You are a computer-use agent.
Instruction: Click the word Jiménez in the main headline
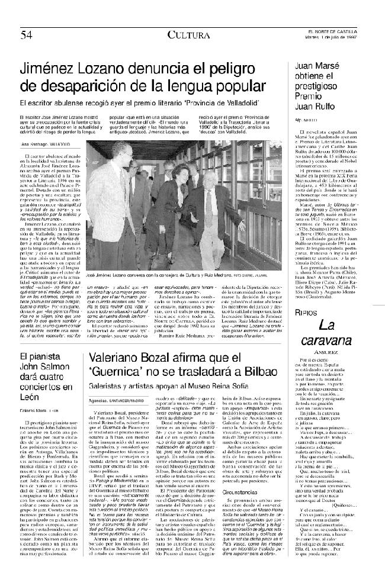click(x=59, y=69)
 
